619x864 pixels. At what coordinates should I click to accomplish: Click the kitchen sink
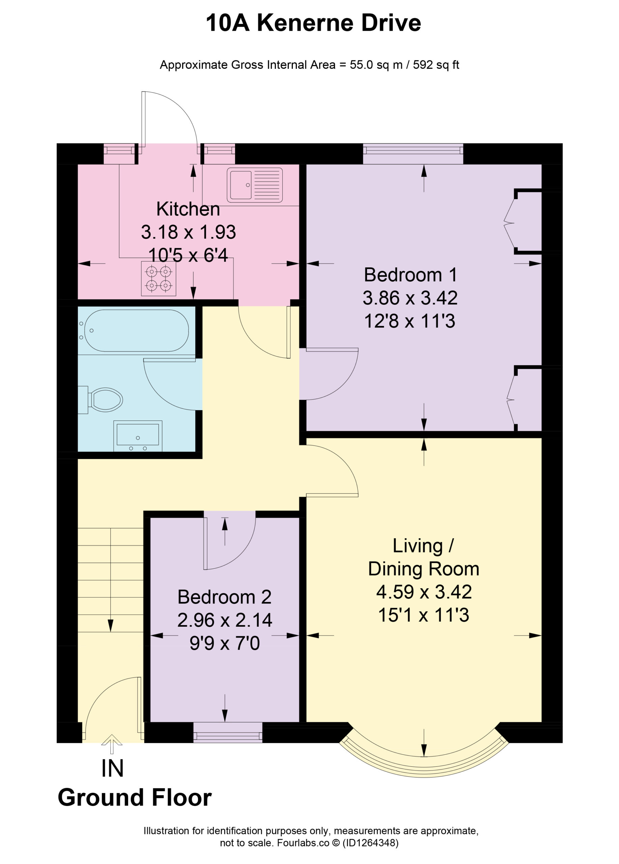point(255,185)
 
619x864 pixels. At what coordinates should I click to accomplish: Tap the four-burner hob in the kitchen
point(158,278)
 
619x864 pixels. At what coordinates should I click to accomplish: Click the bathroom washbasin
point(138,436)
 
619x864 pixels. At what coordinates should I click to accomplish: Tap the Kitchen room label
point(188,209)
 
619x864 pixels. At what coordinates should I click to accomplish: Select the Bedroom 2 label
point(225,597)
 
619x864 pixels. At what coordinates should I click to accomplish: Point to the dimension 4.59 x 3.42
point(424,592)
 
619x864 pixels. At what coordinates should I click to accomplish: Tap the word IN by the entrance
point(112,769)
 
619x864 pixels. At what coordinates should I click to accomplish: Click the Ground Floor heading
point(135,798)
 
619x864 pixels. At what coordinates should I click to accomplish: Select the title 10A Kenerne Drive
point(313,23)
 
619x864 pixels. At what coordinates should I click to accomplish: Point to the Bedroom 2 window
point(228,732)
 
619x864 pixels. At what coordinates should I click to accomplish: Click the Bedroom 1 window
point(413,154)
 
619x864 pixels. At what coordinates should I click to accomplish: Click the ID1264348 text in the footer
point(370,843)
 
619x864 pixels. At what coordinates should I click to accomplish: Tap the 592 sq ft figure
point(436,65)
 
